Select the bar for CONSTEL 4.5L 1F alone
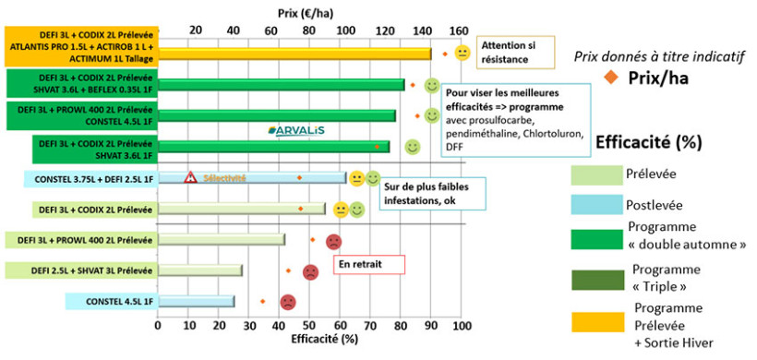[196, 301]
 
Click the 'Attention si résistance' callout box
[514, 53]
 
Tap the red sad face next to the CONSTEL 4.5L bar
[288, 302]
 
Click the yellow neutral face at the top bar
[463, 53]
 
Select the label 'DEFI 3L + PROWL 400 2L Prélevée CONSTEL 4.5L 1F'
[79, 115]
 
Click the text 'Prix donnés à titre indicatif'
[658, 56]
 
